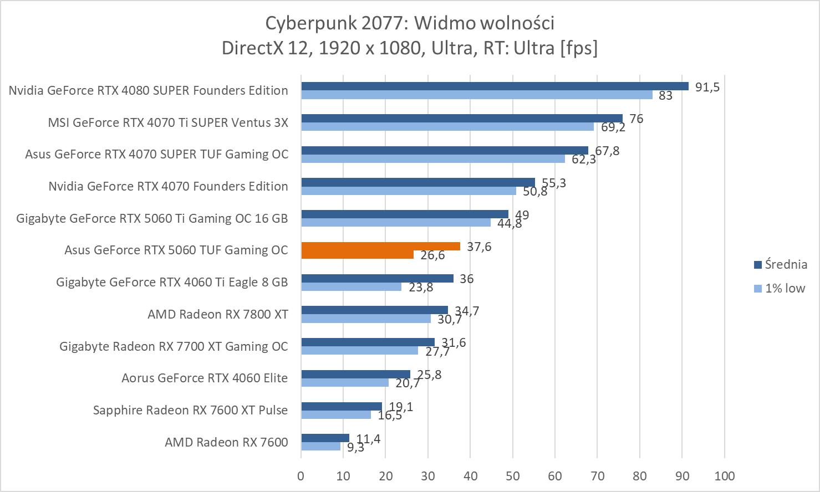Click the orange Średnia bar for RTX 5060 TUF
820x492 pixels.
[x=380, y=247]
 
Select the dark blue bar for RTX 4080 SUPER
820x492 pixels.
[x=495, y=86]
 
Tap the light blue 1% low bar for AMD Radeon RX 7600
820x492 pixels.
[x=320, y=446]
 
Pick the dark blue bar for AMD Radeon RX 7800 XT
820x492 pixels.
[x=374, y=310]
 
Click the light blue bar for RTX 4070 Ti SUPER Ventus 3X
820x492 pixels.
[x=447, y=127]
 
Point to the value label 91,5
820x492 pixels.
[x=707, y=87]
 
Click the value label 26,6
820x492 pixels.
[x=432, y=255]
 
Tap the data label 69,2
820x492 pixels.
[x=613, y=127]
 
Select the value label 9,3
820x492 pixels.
[x=355, y=448]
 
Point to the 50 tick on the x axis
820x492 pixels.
[x=513, y=476]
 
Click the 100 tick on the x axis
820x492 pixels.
[x=724, y=476]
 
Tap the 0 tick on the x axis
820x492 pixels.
[x=301, y=476]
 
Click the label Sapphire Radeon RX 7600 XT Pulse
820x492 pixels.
[x=190, y=410]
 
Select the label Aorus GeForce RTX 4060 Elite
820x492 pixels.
[x=205, y=378]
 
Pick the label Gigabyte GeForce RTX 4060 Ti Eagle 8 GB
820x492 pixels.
[x=172, y=282]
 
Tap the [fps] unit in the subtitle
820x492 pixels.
[x=579, y=48]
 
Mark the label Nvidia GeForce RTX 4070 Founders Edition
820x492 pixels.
[x=168, y=186]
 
